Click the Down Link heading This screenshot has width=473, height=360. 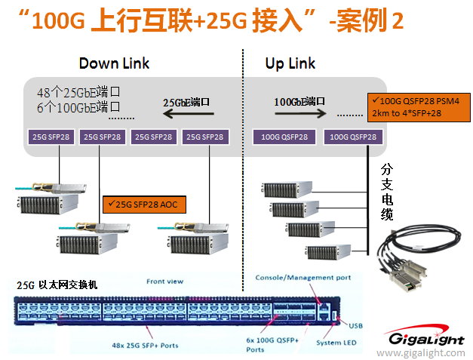click(x=114, y=63)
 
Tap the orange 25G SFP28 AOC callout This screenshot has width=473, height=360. click(x=144, y=204)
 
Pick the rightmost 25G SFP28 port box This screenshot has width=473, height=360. click(x=204, y=137)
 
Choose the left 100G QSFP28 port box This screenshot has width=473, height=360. click(x=284, y=137)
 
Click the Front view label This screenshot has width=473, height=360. click(x=164, y=282)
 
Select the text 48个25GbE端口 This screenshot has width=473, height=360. click(x=79, y=93)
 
